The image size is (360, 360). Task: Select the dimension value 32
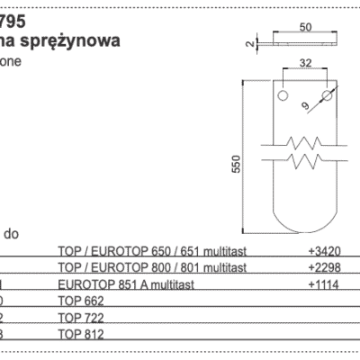[307, 64]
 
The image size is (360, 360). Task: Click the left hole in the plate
[283, 94]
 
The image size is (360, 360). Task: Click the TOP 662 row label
[79, 301]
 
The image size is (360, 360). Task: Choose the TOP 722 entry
[79, 317]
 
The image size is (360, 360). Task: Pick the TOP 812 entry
[79, 334]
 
